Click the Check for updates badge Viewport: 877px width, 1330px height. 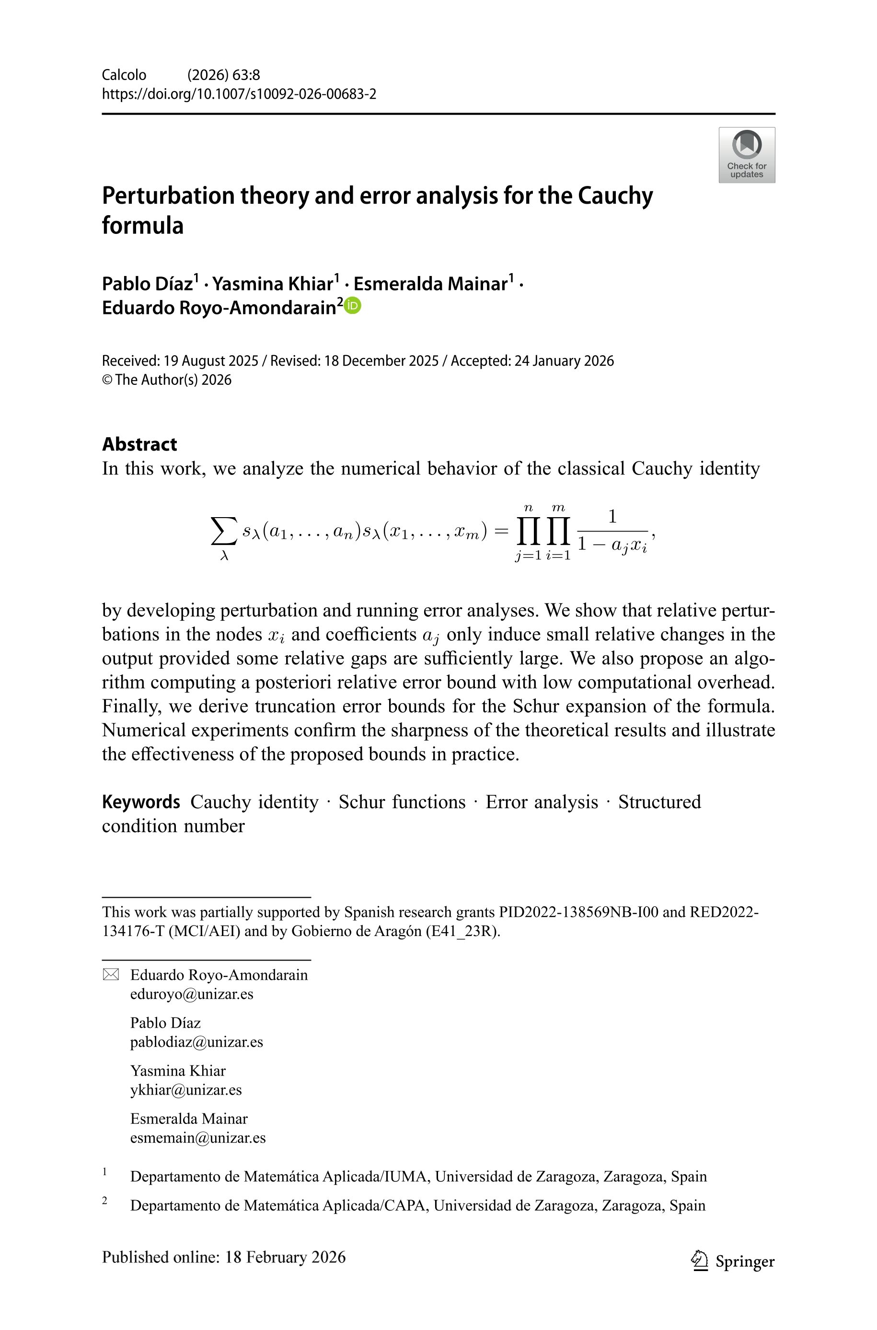[746, 155]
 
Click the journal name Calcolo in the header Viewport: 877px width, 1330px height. [124, 75]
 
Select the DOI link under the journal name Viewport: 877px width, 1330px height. [239, 94]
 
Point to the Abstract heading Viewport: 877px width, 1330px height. [139, 444]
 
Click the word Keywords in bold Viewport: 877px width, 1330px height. [141, 802]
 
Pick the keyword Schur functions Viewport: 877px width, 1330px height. [402, 802]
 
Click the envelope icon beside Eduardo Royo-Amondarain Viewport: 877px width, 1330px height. [111, 975]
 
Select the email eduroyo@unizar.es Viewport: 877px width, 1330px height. [191, 994]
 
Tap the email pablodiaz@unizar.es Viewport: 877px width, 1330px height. [196, 1042]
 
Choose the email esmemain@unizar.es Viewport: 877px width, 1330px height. [197, 1138]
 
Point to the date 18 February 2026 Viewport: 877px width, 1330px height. [285, 1257]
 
